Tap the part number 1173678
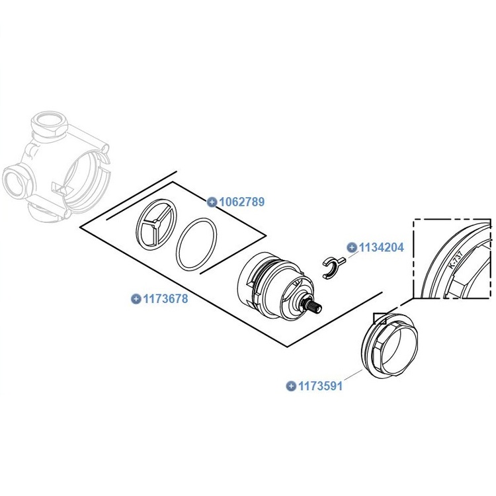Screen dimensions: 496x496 tap(165, 299)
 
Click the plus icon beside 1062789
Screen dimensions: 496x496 tap(212, 202)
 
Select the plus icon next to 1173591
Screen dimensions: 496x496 tap(290, 386)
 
